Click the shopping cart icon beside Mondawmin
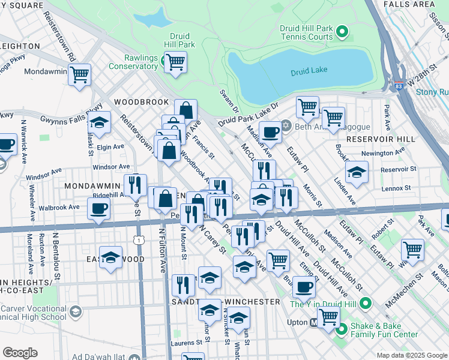tap(79, 75)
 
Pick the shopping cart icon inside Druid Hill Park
tap(175, 61)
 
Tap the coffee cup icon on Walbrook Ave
tap(98, 209)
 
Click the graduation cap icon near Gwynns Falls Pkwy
tap(100, 123)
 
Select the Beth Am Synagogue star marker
tap(286, 125)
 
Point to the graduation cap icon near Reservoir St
tap(357, 172)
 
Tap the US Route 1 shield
tap(139, 240)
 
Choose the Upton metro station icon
tap(313, 323)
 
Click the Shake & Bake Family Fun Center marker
tap(342, 329)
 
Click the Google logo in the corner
tap(20, 353)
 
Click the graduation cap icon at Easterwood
tap(110, 258)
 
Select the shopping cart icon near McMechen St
tap(412, 249)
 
